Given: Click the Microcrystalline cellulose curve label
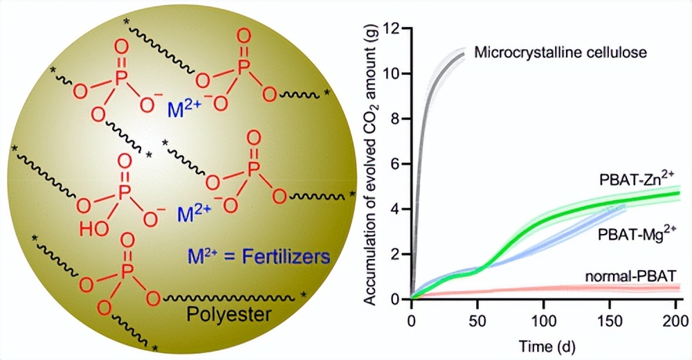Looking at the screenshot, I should (x=561, y=53).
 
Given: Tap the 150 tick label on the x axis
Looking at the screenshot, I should (x=610, y=321).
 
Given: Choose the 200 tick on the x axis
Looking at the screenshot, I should (x=675, y=321).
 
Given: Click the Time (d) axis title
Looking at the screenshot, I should (x=545, y=344).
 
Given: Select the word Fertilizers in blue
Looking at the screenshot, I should (x=289, y=257).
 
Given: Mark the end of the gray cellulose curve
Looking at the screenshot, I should (x=464, y=53).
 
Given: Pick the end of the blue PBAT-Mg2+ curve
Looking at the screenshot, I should (x=624, y=206).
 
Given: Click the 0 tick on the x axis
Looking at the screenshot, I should (x=412, y=321).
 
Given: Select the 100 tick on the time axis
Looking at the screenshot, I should (x=544, y=321).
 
